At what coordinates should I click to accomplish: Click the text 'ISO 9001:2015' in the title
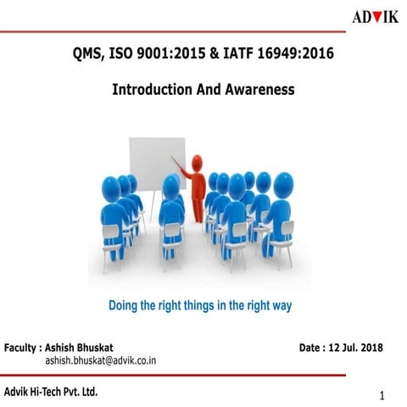(x=157, y=55)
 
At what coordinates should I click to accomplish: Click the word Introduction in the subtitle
(x=154, y=88)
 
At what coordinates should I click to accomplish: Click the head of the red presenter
(x=198, y=160)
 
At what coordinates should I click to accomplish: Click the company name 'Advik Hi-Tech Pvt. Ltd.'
(x=51, y=391)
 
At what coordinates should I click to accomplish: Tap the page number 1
(x=382, y=396)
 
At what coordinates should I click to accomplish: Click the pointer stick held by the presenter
(x=178, y=163)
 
